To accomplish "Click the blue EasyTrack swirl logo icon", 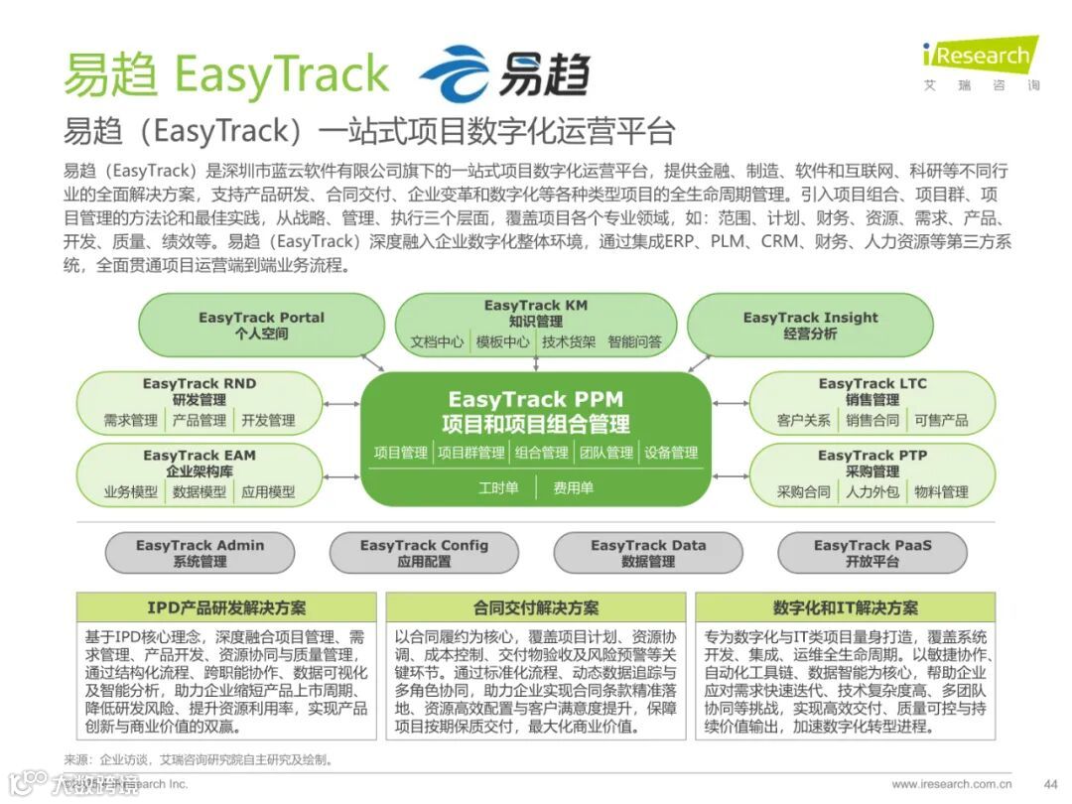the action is (455, 73).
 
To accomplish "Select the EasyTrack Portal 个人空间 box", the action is (261, 326).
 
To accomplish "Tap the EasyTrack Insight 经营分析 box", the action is (810, 326).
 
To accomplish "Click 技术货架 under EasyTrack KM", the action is (569, 341).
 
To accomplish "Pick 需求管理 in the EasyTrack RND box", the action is (130, 420).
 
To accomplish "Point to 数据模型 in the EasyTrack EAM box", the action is (200, 491).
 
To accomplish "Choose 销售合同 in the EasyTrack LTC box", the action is (872, 420).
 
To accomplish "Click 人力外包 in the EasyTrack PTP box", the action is (872, 491).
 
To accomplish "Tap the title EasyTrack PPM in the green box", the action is (535, 400).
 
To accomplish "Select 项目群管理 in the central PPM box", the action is (470, 453).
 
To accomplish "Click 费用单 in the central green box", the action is (573, 487).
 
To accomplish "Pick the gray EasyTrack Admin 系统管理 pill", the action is (200, 553).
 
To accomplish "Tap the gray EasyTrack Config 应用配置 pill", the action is (424, 553).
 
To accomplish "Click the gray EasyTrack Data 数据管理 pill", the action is (647, 553).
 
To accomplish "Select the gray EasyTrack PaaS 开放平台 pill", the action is (872, 553).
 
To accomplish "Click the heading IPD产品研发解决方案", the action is (226, 607).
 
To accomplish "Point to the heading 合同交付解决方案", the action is (536, 607).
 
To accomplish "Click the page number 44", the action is (1050, 783).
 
